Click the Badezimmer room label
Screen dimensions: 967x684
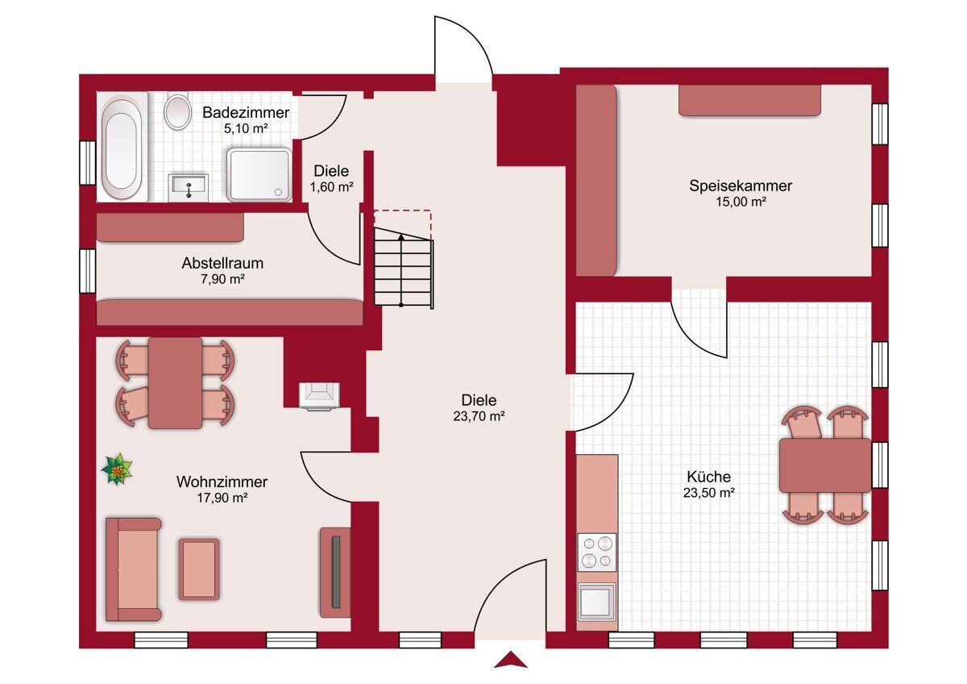click(x=246, y=113)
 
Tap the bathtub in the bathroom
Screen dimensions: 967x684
click(x=122, y=147)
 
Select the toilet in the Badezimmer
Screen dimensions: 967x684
click(x=177, y=111)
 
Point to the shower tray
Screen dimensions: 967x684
click(x=259, y=174)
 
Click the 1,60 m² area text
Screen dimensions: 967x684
click(x=331, y=187)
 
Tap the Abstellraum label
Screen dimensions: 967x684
click(x=222, y=263)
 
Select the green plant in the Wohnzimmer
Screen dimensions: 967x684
click(x=117, y=469)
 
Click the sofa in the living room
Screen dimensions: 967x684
click(x=134, y=569)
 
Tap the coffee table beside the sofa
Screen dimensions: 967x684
click(x=199, y=569)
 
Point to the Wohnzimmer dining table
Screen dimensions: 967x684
click(x=175, y=383)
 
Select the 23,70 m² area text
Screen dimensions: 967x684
click(x=479, y=416)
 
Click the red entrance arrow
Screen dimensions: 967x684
click(x=511, y=659)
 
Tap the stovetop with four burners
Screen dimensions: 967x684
click(x=597, y=552)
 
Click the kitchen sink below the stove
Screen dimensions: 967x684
click(x=597, y=600)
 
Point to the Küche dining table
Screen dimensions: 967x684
click(x=825, y=465)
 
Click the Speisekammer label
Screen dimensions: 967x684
click(x=741, y=186)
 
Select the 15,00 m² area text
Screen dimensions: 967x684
click(x=741, y=202)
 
